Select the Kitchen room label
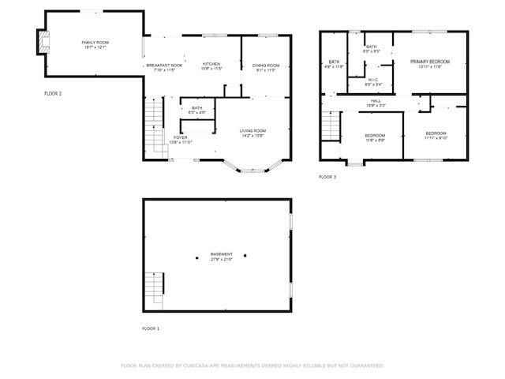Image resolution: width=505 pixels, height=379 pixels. click(x=211, y=64)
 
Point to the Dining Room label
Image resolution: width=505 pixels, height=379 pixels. click(x=266, y=65)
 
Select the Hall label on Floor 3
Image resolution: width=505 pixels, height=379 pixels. click(x=376, y=100)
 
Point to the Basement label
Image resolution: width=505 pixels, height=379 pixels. click(x=221, y=253)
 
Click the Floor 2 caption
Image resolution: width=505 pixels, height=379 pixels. click(x=52, y=93)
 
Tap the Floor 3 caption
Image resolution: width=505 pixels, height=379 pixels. click(x=327, y=177)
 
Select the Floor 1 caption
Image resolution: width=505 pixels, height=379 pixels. click(x=150, y=328)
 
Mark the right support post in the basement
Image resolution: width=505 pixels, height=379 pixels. click(x=245, y=255)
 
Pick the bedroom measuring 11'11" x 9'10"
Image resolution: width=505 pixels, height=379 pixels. click(x=436, y=135)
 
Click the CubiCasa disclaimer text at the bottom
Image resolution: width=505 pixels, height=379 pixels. click(x=252, y=366)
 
